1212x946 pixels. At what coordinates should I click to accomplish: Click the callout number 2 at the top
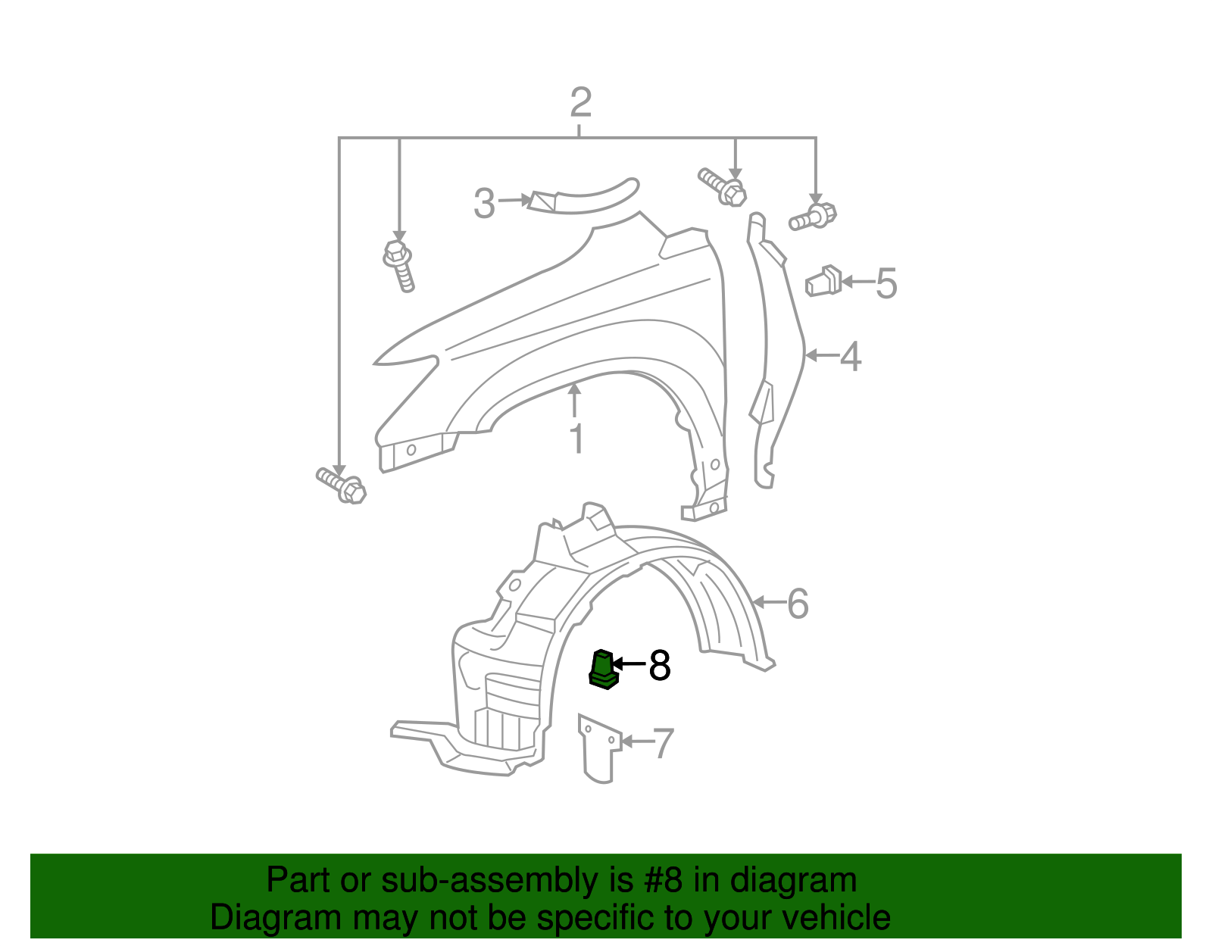579,103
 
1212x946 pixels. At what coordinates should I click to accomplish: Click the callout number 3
484,204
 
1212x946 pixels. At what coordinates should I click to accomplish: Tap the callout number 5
886,283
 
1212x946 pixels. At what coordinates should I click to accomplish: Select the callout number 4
851,357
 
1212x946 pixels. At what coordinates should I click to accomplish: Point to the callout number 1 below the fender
576,439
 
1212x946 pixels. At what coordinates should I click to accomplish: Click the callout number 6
798,604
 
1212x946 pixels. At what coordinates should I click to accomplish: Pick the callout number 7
663,743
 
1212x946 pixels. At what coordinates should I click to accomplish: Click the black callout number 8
660,666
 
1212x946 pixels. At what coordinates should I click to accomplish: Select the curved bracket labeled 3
583,198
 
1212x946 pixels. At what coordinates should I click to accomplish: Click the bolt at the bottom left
342,485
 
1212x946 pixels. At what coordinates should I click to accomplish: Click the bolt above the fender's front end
399,264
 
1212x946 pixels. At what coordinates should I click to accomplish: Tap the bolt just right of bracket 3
723,187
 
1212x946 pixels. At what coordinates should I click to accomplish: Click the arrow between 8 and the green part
629,664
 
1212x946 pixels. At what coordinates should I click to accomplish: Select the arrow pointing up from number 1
575,399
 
